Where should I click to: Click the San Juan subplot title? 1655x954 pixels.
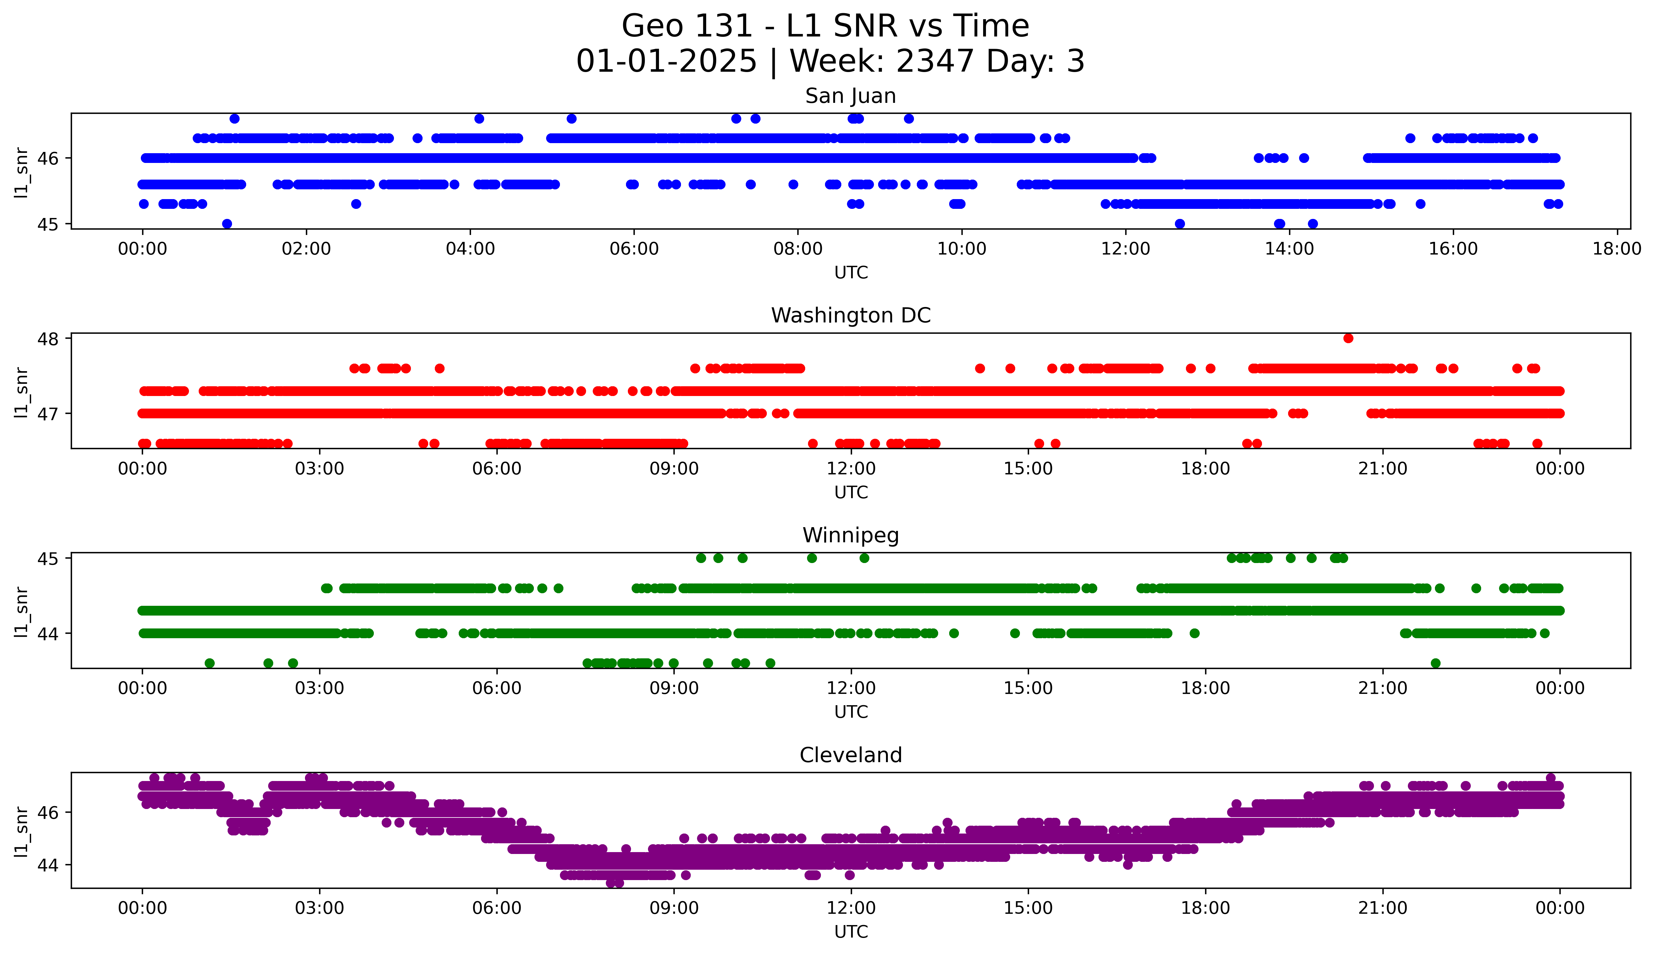click(850, 96)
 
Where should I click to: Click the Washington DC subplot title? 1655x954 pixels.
click(850, 316)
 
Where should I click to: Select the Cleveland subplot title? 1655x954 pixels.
click(850, 756)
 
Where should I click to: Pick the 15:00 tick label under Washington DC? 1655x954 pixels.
click(1027, 469)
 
